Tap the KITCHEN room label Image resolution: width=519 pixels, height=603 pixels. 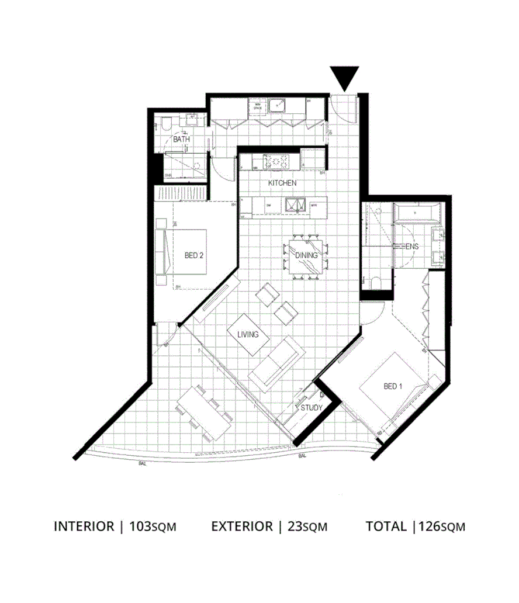(282, 183)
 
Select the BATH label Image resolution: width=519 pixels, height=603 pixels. (181, 140)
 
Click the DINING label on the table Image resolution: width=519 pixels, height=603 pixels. (306, 255)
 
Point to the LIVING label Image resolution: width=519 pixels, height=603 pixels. (248, 335)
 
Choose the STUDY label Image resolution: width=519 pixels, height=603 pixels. (311, 407)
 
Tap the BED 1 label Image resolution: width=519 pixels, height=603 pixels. (393, 386)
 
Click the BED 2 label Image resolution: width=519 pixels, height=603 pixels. (193, 255)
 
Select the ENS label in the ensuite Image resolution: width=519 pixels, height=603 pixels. (413, 247)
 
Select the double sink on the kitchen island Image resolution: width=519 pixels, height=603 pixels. (297, 205)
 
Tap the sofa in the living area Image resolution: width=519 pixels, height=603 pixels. (276, 363)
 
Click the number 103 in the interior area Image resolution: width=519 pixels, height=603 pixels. (139, 526)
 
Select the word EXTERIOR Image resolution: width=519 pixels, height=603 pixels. (242, 526)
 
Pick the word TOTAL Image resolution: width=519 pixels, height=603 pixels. (386, 526)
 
